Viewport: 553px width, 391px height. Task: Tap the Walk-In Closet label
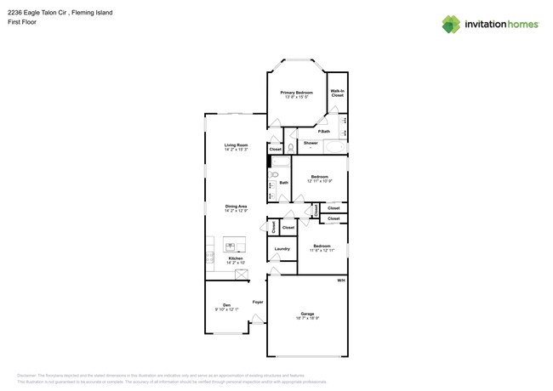point(337,93)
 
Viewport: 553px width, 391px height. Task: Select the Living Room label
point(236,145)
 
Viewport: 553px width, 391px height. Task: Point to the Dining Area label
point(236,207)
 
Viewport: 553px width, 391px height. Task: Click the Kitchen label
point(235,258)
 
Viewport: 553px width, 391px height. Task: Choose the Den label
point(226,305)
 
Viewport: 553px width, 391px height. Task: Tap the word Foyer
point(257,302)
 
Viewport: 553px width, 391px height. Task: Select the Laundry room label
point(282,249)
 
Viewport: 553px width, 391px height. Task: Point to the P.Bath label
point(323,131)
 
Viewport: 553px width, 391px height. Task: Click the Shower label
point(311,143)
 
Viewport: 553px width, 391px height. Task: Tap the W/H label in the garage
point(340,280)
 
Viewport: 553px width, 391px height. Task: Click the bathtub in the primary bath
point(334,147)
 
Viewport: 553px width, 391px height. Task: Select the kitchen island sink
point(235,244)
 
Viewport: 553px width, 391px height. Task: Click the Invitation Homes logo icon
point(451,24)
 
